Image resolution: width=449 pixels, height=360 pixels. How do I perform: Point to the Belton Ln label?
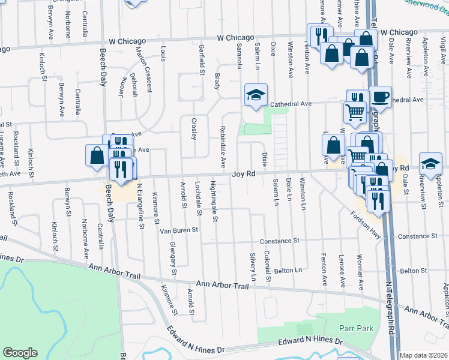288,271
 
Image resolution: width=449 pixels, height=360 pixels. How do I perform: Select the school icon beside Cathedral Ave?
256,95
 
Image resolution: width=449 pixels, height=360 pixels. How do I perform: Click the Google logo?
20,353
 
